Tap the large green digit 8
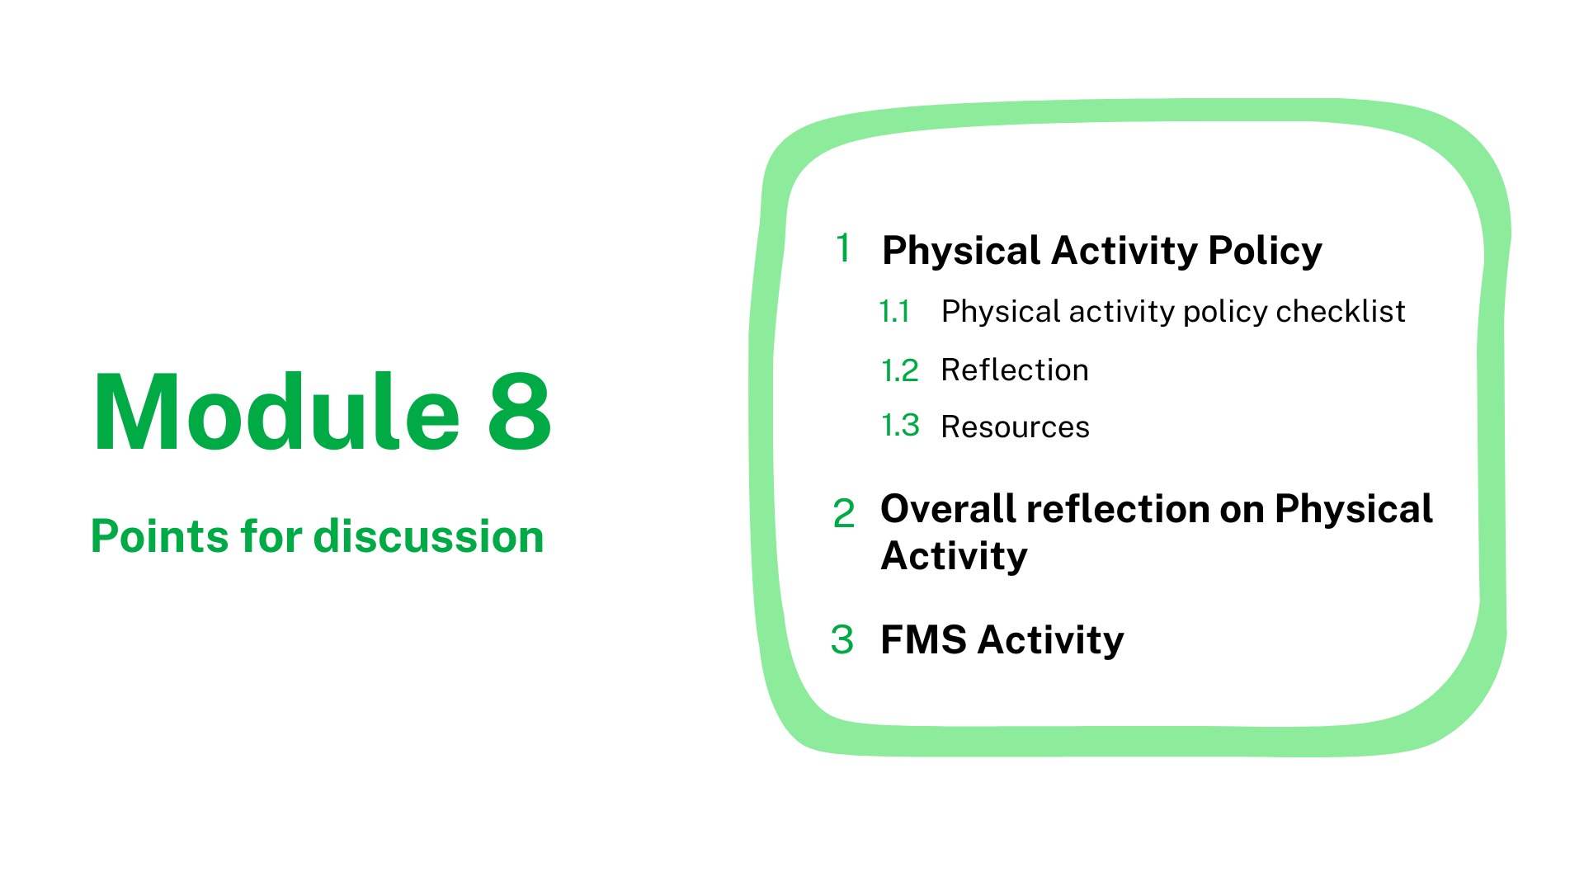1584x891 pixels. [520, 412]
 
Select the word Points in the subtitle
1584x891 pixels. [158, 536]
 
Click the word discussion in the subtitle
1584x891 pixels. [429, 536]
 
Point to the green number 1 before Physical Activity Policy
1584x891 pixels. [843, 248]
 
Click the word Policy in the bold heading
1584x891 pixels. [1265, 251]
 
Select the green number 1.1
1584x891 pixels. [895, 312]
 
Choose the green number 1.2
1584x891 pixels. [899, 370]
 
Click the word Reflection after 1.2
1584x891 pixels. [1015, 370]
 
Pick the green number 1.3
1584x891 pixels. [900, 426]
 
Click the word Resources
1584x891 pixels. [1016, 427]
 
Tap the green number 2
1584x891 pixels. [844, 513]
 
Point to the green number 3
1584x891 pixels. [842, 639]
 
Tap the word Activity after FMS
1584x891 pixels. [1050, 641]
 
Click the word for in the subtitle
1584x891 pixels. [270, 536]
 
